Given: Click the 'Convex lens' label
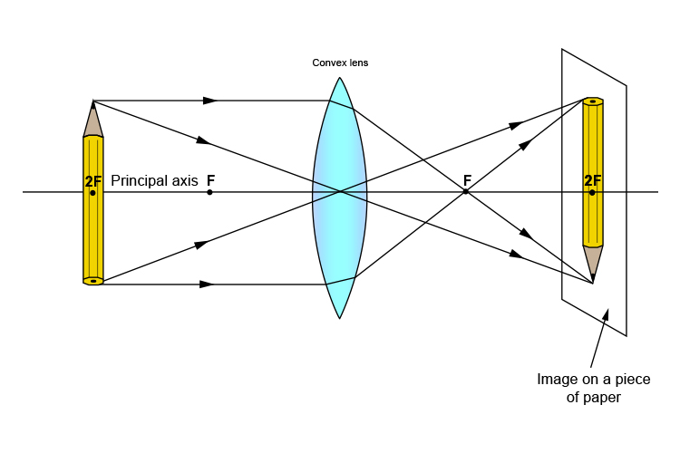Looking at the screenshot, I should [340, 63].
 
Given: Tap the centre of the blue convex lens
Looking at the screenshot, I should [340, 192].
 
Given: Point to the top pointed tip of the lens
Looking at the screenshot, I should [340, 79].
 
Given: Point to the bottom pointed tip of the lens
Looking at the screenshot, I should [340, 317].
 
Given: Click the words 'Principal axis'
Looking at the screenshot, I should [154, 180].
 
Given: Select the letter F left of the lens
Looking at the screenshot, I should [210, 179].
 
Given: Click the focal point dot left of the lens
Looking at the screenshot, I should [209, 192].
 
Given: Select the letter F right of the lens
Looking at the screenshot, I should [467, 179].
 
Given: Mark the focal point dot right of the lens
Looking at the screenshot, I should [466, 192].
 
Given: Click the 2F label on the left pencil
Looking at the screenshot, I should [93, 181].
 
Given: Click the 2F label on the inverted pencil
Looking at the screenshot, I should [593, 180].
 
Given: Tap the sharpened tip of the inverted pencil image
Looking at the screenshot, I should [593, 282].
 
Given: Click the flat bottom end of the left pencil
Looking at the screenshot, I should [93, 281].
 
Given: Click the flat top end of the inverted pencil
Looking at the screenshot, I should [593, 101].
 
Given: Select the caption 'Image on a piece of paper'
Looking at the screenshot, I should [587, 388].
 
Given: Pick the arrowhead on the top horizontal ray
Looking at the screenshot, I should [210, 101].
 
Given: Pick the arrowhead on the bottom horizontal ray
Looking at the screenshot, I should [207, 284].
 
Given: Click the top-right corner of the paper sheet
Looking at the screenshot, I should [627, 86].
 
